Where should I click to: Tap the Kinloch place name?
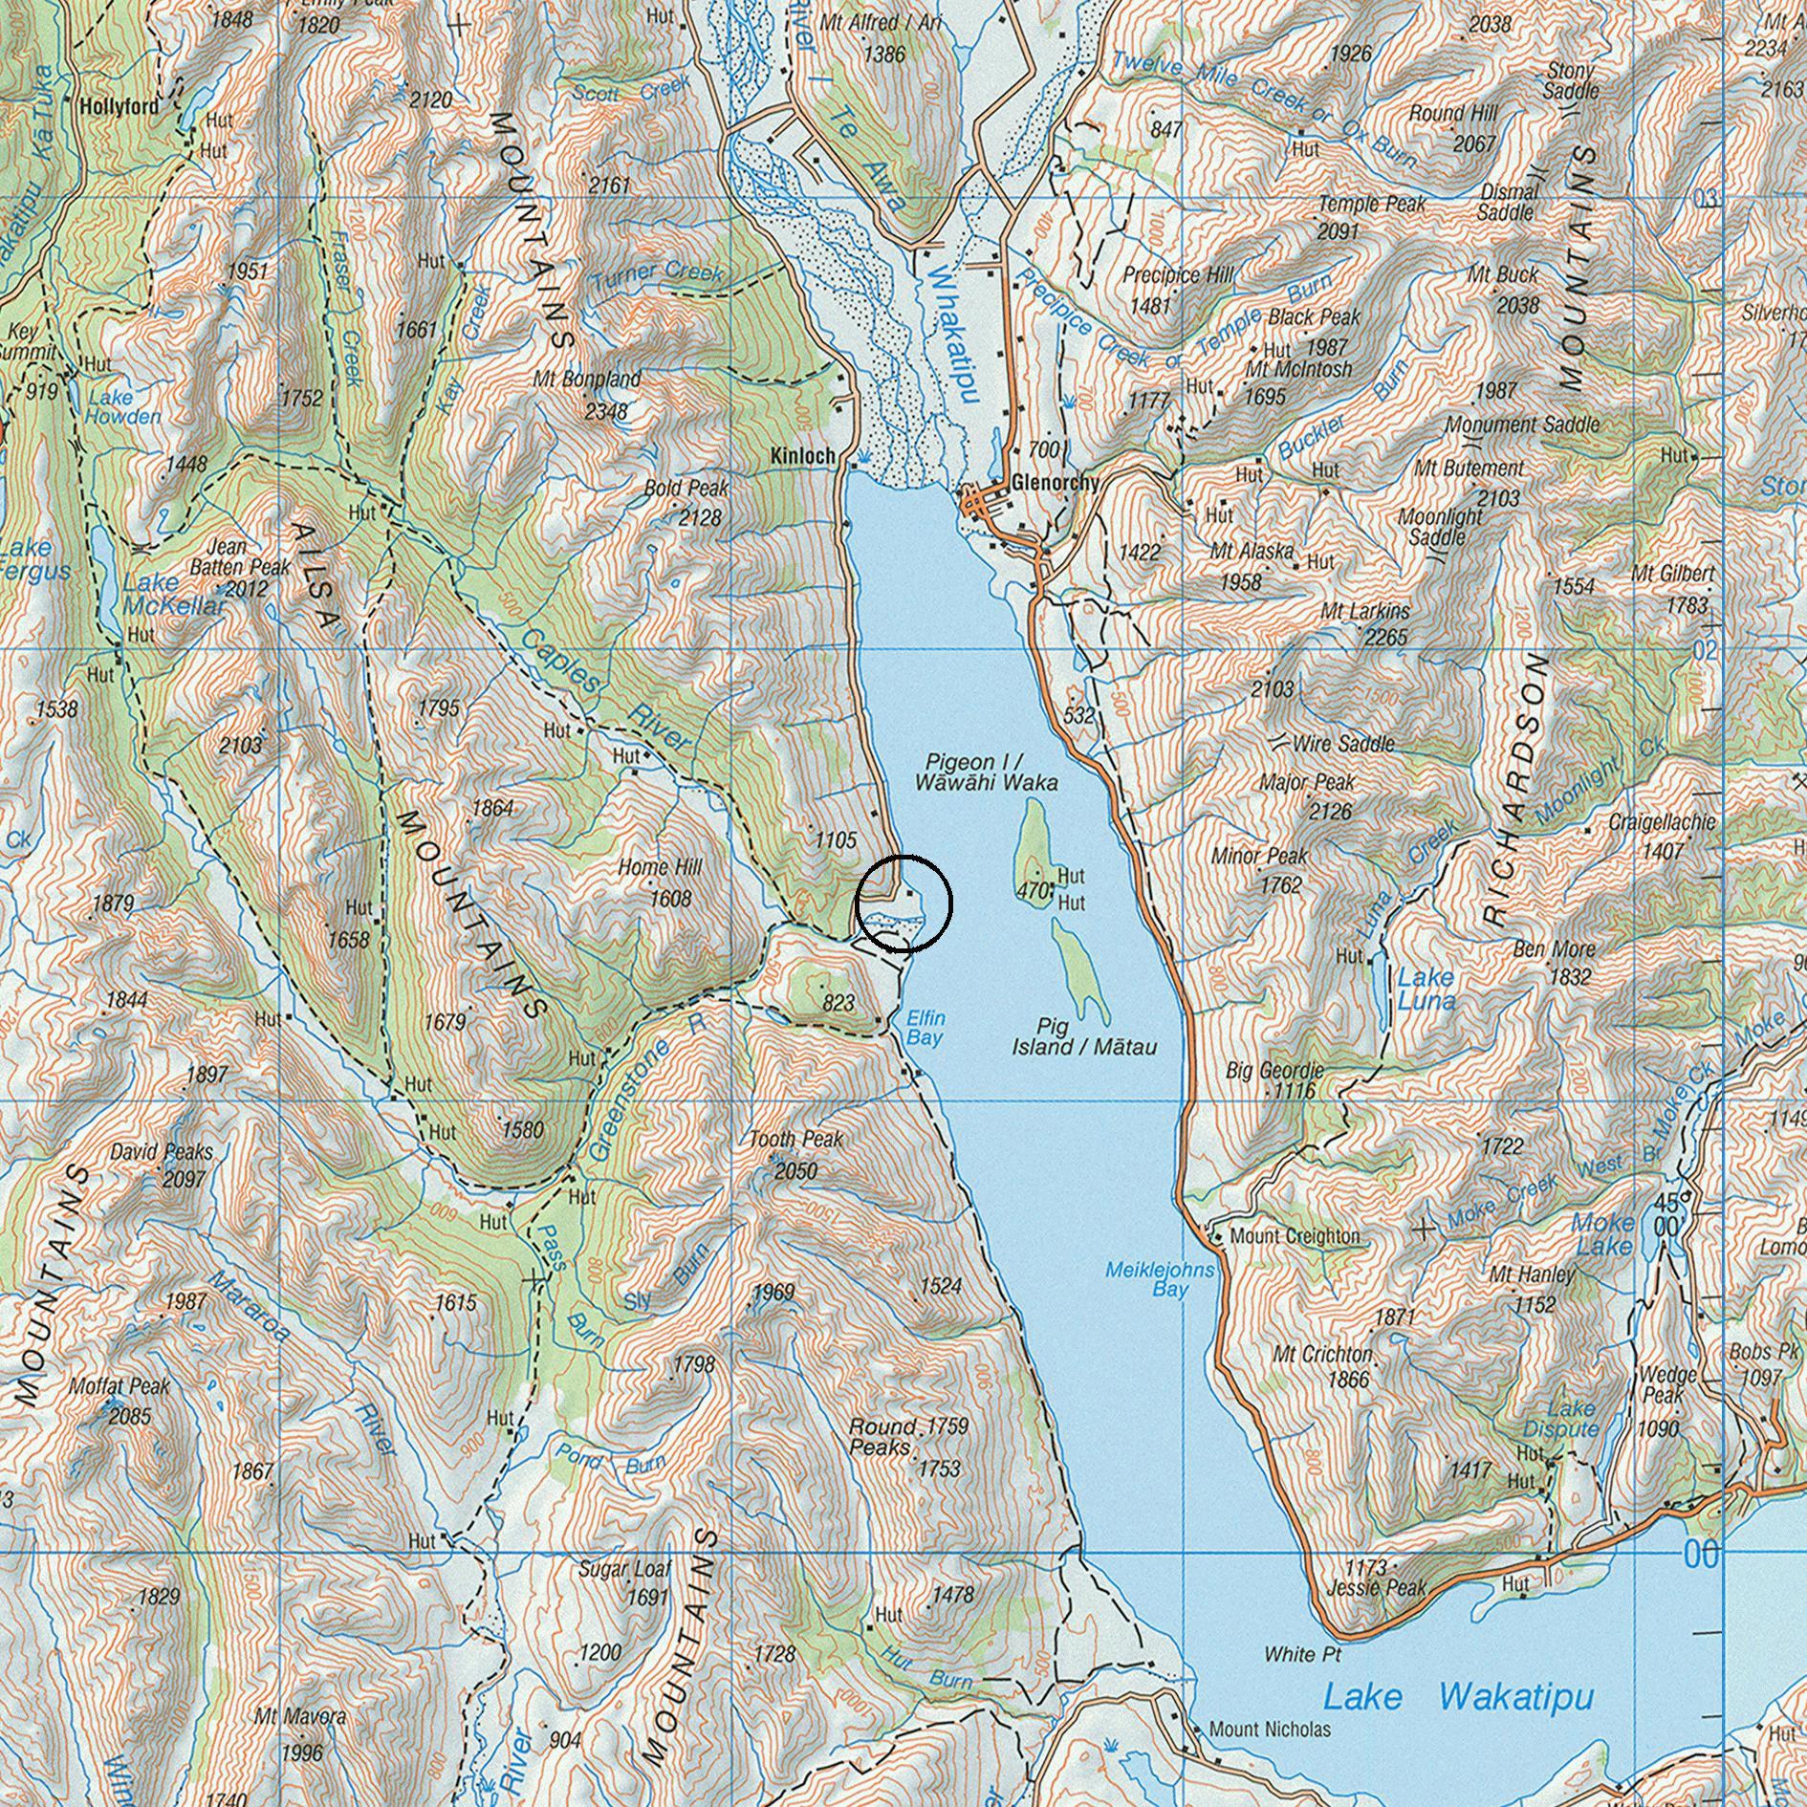(802, 456)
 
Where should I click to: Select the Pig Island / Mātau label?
(1083, 1037)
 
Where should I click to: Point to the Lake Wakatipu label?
(1458, 1698)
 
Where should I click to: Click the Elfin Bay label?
(925, 1028)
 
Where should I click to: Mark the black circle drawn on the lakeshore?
(904, 903)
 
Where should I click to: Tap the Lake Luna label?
(1426, 990)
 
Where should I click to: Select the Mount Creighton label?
(1295, 1236)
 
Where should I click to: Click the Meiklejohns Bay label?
(1160, 1279)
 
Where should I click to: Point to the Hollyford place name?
(120, 107)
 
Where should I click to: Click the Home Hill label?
(661, 867)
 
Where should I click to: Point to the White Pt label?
(1302, 1654)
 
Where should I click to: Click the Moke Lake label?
(1603, 1234)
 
